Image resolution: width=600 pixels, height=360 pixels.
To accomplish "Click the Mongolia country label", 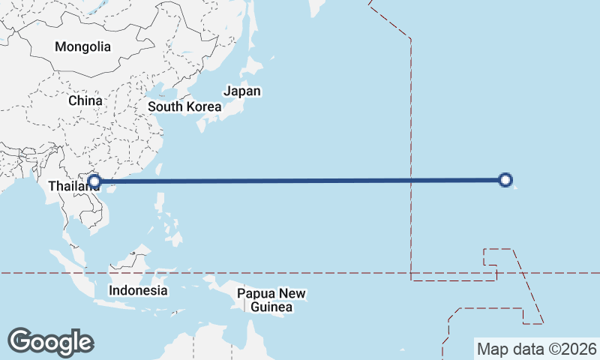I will [x=82, y=46].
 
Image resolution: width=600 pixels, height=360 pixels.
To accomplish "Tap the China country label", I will [x=85, y=100].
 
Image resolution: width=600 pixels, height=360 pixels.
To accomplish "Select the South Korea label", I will [x=184, y=106].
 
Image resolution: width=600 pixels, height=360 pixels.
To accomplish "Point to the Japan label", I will [x=242, y=91].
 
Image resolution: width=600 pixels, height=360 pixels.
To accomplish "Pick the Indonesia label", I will [x=138, y=290].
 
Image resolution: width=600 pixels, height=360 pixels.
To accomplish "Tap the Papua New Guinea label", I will [x=271, y=300].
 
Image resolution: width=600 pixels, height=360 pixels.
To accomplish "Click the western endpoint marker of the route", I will [x=94, y=181].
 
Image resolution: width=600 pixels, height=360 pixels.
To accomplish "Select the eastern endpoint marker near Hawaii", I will [x=505, y=179].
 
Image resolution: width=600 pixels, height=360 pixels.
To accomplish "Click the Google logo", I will [x=50, y=342].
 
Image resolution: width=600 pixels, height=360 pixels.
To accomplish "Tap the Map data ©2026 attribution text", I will [x=537, y=349].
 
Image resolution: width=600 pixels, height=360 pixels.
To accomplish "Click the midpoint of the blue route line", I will [x=300, y=180].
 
